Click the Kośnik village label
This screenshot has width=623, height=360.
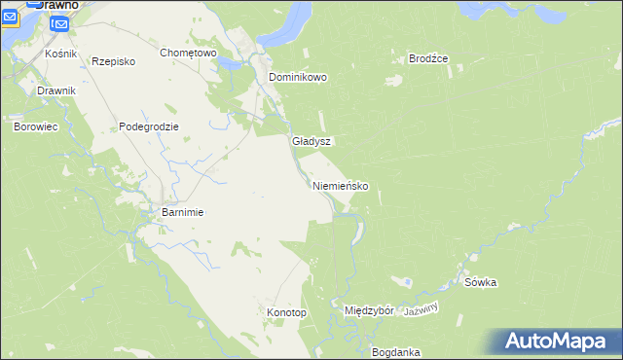click(x=61, y=54)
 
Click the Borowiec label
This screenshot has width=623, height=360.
click(x=34, y=126)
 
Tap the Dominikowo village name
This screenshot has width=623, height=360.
click(x=298, y=77)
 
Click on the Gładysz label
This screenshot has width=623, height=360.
click(x=311, y=141)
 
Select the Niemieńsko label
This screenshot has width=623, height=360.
click(x=340, y=186)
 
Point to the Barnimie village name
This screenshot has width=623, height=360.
click(x=181, y=212)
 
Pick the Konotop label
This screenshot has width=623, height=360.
click(x=286, y=313)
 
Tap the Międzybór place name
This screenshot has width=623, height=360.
click(x=369, y=311)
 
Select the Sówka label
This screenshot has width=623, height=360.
click(x=481, y=283)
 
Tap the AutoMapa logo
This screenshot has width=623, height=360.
click(x=559, y=342)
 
